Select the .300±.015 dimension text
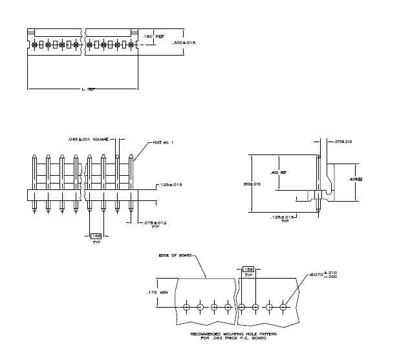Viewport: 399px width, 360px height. click(184, 43)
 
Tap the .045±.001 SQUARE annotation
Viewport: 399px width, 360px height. click(87, 139)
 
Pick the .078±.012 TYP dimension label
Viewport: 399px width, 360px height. click(155, 224)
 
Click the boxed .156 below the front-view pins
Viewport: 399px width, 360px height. click(96, 236)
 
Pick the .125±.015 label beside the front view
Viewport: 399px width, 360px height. click(171, 185)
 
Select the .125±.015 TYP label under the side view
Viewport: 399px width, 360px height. click(283, 218)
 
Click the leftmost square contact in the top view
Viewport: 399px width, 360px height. click(34, 45)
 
